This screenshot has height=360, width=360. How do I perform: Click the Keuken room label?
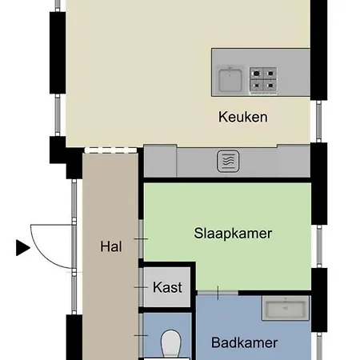pos(242,118)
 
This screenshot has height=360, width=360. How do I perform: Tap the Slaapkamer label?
pos(233,234)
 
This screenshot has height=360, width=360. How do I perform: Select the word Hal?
pos(111,247)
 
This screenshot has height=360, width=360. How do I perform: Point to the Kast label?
pos(167,287)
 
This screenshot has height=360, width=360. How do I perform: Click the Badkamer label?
pos(245,343)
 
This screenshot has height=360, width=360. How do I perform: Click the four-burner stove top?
pos(263,78)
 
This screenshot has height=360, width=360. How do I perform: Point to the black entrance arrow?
pos(22,248)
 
